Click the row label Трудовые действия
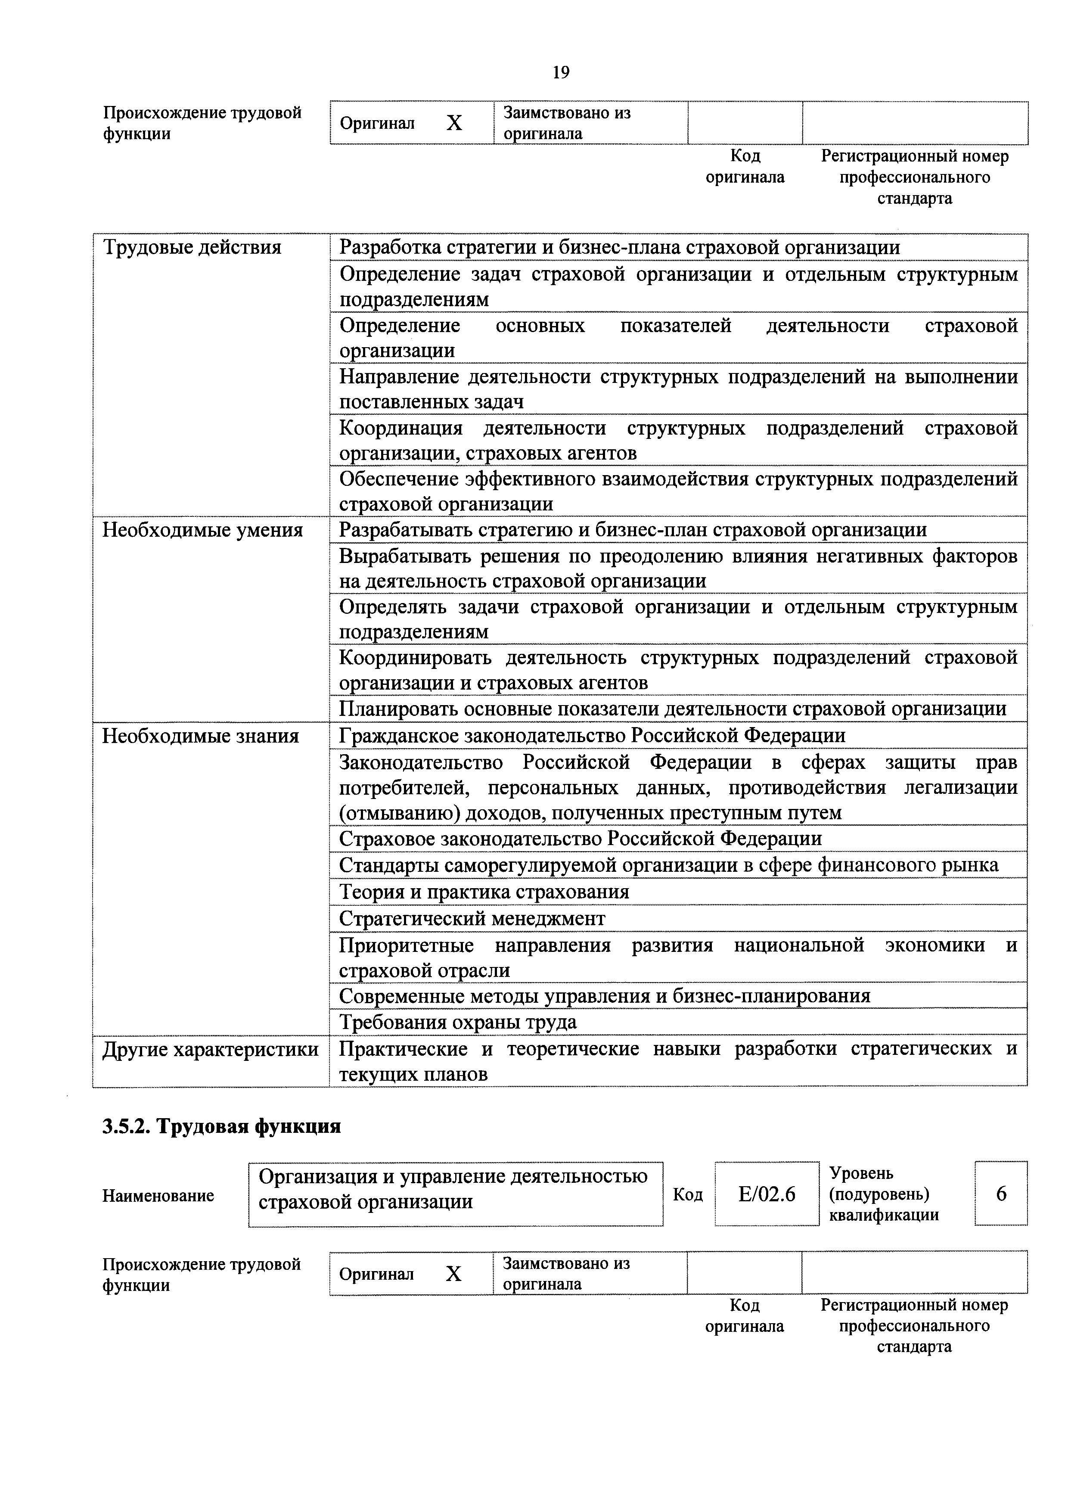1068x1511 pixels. [192, 247]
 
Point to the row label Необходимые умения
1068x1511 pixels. [202, 530]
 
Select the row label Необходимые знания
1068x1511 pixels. [200, 736]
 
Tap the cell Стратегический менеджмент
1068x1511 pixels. [472, 918]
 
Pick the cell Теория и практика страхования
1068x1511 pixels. [484, 892]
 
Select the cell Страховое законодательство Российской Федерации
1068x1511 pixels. [580, 839]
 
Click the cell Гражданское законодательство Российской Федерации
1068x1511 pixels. [592, 735]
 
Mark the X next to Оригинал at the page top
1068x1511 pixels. [454, 123]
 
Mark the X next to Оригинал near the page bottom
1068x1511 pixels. [453, 1274]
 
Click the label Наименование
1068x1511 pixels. [158, 1195]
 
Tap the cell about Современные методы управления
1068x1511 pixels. [604, 996]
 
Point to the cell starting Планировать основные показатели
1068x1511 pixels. [672, 709]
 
